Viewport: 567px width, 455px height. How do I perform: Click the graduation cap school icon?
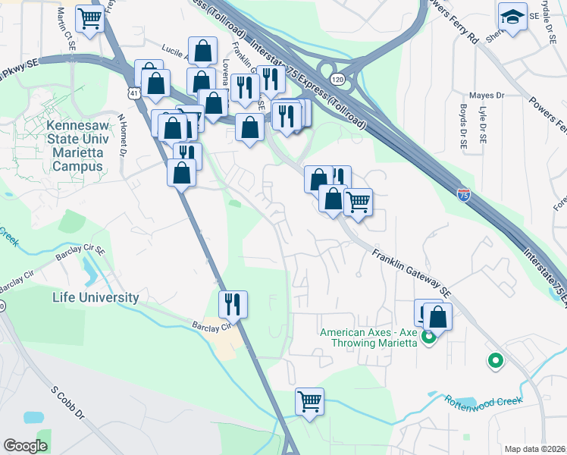513,17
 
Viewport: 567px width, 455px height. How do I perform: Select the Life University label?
96,297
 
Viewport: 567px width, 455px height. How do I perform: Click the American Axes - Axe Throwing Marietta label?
369,337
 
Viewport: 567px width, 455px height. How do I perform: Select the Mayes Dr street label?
487,96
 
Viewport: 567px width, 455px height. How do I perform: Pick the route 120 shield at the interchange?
337,79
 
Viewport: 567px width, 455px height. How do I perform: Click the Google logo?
25,446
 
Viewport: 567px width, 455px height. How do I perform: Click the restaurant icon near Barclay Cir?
233,304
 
